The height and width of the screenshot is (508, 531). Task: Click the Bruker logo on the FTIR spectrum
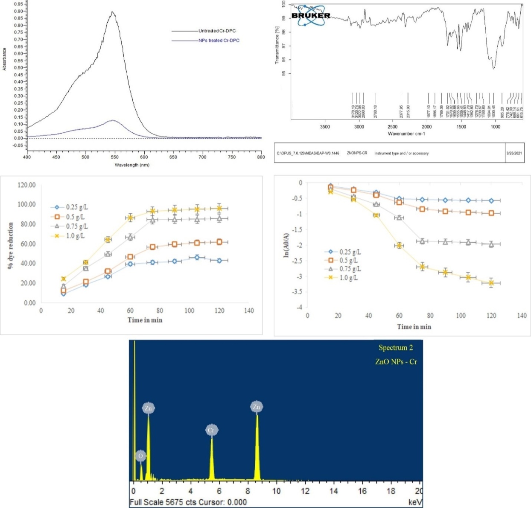pyautogui.click(x=311, y=15)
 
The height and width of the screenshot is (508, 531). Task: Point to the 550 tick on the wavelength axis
pyautogui.click(x=232, y=157)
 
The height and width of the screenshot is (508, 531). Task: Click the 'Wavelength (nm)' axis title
pyautogui.click(x=132, y=165)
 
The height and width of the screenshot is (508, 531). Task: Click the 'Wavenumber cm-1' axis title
pyautogui.click(x=406, y=134)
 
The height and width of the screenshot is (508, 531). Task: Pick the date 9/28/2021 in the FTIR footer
pyautogui.click(x=513, y=153)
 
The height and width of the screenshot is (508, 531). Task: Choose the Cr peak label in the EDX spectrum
pyautogui.click(x=211, y=430)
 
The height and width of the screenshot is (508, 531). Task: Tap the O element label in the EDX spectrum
pyautogui.click(x=141, y=456)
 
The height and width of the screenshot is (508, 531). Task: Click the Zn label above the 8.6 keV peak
pyautogui.click(x=257, y=407)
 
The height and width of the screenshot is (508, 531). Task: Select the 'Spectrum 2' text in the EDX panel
pyautogui.click(x=396, y=348)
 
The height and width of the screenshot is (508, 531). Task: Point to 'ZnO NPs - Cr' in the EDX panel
pyautogui.click(x=396, y=362)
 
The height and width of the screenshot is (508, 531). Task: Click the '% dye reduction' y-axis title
pyautogui.click(x=10, y=245)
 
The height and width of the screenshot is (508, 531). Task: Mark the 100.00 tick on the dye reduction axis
pyautogui.click(x=27, y=204)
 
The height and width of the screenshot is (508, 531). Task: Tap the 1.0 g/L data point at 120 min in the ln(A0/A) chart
pyautogui.click(x=491, y=283)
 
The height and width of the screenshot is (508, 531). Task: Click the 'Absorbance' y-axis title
pyautogui.click(x=5, y=59)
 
